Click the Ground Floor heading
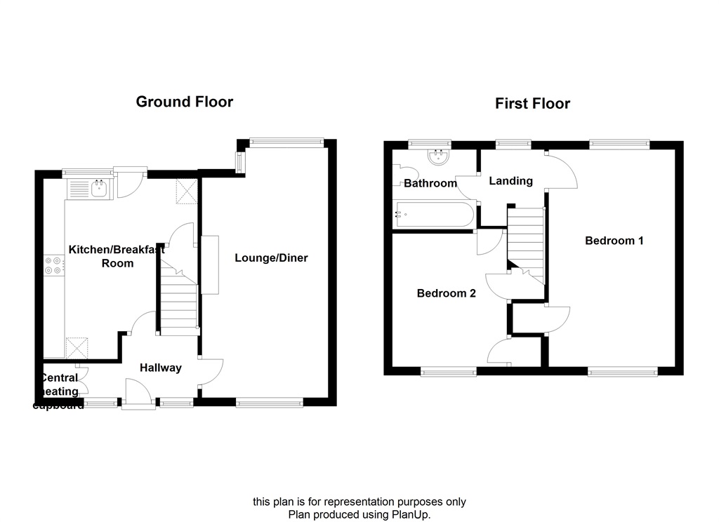[x=184, y=102]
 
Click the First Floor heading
[x=532, y=104]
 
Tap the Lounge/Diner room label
[x=271, y=258]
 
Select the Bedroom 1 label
[x=614, y=241]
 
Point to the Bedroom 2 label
[x=446, y=293]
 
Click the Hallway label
[x=160, y=368]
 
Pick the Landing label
[x=510, y=181]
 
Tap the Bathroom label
[x=430, y=184]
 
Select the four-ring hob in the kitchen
[x=53, y=265]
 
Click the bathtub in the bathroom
[x=434, y=214]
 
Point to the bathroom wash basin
[x=441, y=158]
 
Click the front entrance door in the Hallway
[x=138, y=393]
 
